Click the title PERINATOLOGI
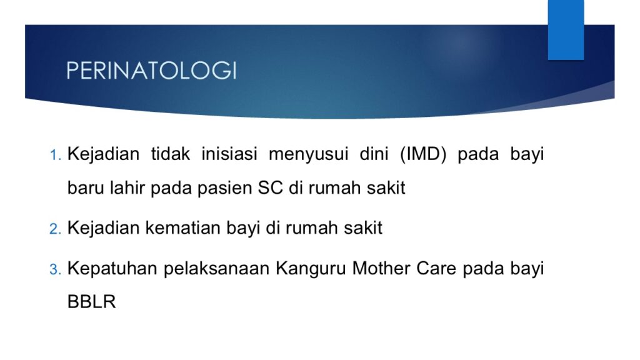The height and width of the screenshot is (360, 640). tap(151, 70)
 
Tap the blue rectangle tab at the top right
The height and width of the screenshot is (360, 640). tap(566, 30)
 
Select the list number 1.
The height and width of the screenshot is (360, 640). tap(55, 155)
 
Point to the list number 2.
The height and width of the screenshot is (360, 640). tap(55, 229)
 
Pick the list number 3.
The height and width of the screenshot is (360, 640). tap(55, 269)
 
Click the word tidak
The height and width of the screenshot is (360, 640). tap(170, 154)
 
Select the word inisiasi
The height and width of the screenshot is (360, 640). tap(229, 154)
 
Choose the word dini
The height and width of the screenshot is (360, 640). tap(374, 154)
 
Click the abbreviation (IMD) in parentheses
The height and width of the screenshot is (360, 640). tap(423, 154)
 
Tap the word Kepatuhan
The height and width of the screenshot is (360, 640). tap(112, 269)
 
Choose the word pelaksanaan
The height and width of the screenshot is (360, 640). tap(217, 269)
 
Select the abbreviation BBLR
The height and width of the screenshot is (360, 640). tap(91, 302)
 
